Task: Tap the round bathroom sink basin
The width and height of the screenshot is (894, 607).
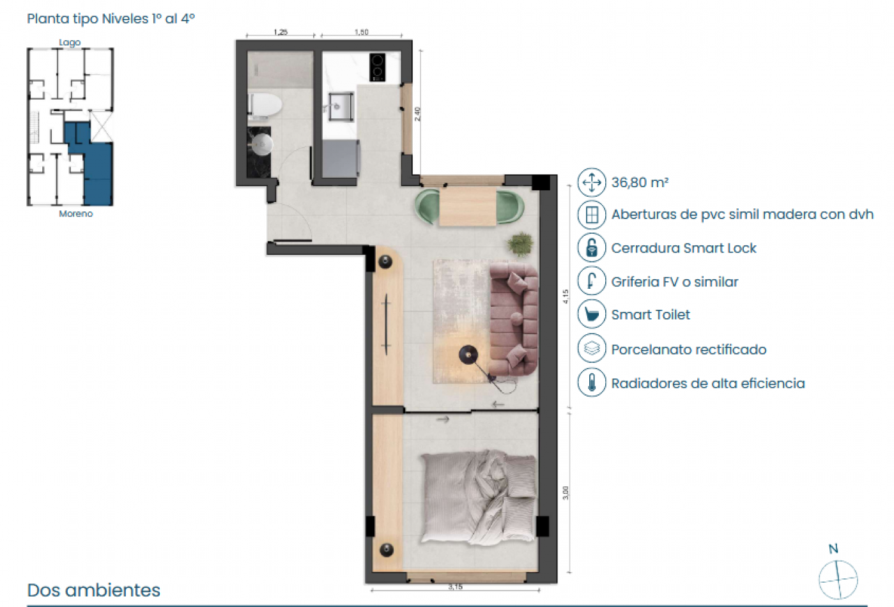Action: (x=261, y=145)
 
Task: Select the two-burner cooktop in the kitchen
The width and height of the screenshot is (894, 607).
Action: (x=377, y=67)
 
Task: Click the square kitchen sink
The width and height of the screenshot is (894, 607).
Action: (x=341, y=107)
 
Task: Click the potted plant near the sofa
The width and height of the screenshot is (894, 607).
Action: (x=521, y=243)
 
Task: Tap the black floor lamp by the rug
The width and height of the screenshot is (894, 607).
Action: (x=468, y=353)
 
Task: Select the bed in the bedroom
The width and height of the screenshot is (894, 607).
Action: (x=478, y=496)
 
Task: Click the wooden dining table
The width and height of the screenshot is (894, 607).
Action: (x=468, y=206)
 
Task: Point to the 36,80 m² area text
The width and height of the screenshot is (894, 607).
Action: (x=640, y=183)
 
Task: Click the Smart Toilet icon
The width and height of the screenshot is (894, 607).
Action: (x=592, y=314)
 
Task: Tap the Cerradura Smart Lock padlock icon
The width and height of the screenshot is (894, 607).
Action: (x=592, y=248)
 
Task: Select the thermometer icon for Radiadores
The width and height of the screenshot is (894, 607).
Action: (x=592, y=383)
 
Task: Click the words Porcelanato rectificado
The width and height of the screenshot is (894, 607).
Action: (x=688, y=350)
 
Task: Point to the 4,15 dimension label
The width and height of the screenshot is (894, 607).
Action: (x=566, y=296)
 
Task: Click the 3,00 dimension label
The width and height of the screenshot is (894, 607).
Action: (x=566, y=493)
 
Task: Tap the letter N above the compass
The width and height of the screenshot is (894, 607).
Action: (x=833, y=549)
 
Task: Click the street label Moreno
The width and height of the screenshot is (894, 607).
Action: (x=76, y=214)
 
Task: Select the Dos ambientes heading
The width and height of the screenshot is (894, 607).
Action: (x=94, y=590)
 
